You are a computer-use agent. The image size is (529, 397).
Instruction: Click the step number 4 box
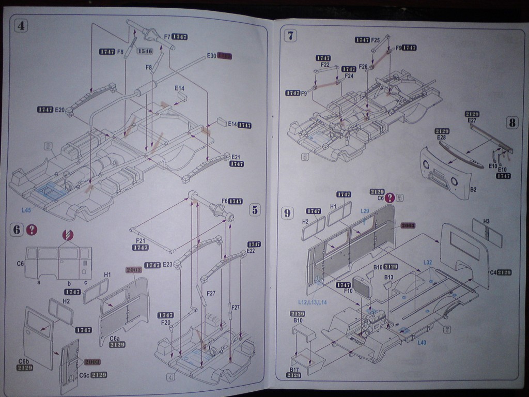tap(21, 26)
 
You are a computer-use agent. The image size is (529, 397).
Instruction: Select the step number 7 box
tap(291, 36)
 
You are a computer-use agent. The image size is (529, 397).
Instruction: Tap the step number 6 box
tap(17, 230)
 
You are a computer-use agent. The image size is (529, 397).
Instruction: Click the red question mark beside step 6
tap(33, 230)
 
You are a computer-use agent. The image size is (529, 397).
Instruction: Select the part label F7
tap(167, 37)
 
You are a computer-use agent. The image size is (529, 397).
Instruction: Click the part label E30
tap(211, 55)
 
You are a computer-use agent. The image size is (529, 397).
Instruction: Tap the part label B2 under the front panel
tap(473, 190)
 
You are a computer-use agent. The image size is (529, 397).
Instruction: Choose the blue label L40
tap(422, 342)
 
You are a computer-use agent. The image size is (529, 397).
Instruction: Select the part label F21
tap(140, 240)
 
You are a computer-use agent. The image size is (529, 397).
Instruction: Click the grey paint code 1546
tap(145, 51)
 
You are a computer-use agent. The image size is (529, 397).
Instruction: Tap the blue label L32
tap(428, 262)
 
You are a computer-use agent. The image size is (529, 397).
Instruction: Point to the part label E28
tap(441, 138)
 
